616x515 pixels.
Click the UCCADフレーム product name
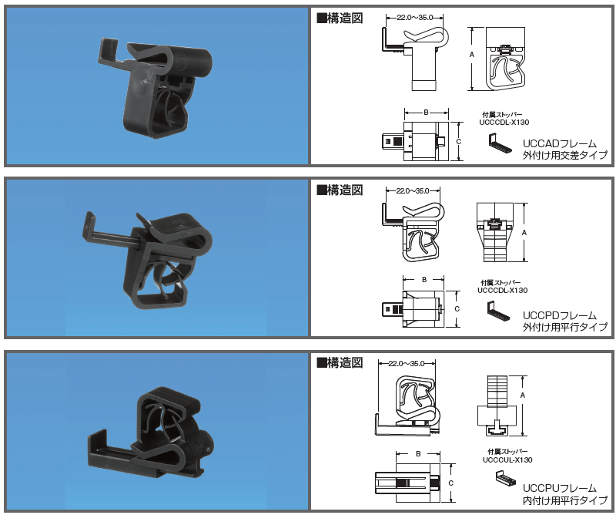(x=560, y=143)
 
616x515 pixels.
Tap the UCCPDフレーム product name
(x=560, y=315)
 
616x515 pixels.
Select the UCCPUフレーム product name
(x=560, y=488)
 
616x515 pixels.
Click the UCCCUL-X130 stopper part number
(x=507, y=460)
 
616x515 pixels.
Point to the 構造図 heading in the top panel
(x=340, y=18)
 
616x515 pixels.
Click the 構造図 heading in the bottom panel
(x=340, y=362)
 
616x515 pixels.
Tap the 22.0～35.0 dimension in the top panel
(x=414, y=17)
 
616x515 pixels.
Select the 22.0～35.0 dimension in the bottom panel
(x=407, y=364)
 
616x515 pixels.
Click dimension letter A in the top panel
(x=472, y=55)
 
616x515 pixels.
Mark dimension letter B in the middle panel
(x=424, y=280)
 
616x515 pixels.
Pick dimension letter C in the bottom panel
(x=450, y=483)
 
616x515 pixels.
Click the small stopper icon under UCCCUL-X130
(x=506, y=479)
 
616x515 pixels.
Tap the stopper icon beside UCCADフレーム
(x=500, y=143)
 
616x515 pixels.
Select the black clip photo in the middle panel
(x=148, y=261)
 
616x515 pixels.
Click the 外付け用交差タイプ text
(x=565, y=155)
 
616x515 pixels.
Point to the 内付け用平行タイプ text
(x=565, y=500)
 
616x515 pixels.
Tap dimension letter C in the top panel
(x=458, y=141)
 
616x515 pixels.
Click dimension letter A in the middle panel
(x=524, y=233)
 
